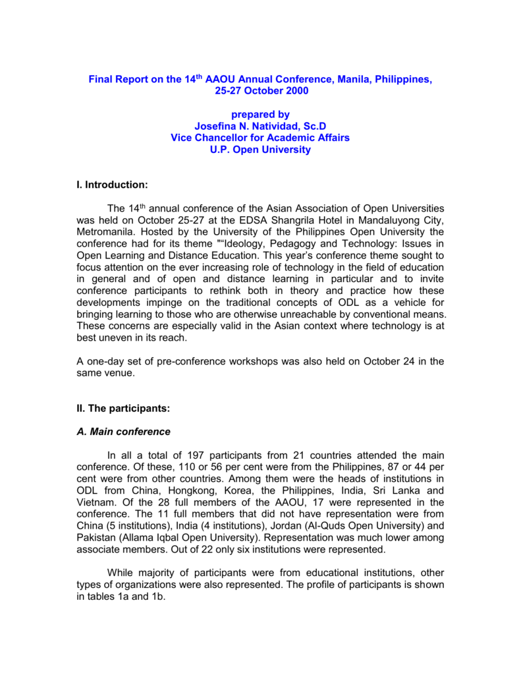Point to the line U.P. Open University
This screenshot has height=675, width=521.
point(260,150)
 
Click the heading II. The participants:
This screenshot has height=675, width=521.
point(124,409)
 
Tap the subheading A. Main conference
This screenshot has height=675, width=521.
point(124,432)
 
